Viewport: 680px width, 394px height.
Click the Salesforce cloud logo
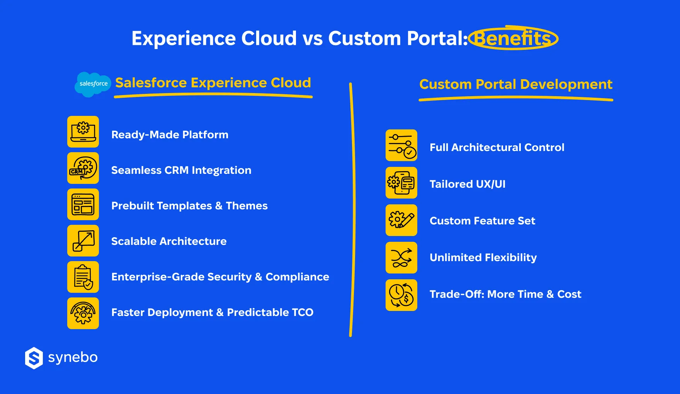(x=93, y=84)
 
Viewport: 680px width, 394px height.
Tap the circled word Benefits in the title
(x=513, y=38)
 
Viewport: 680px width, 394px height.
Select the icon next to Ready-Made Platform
(x=83, y=132)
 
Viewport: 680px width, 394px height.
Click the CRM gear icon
(x=83, y=168)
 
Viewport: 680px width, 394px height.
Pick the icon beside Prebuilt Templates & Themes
(x=83, y=204)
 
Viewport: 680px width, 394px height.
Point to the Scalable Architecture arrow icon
(x=83, y=241)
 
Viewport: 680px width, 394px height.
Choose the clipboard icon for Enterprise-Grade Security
(x=83, y=277)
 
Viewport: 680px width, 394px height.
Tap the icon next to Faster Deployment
(x=83, y=313)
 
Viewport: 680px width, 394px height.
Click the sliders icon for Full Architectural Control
(x=401, y=145)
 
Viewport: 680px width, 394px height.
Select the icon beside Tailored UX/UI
(x=401, y=183)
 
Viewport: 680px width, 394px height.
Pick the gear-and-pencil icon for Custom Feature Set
(x=401, y=220)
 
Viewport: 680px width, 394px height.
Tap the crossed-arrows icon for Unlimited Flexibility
(x=401, y=258)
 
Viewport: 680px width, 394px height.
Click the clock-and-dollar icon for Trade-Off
(x=401, y=295)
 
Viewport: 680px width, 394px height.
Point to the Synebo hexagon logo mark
(x=34, y=358)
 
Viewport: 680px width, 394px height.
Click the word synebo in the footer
(x=73, y=358)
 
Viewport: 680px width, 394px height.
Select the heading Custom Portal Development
(x=516, y=84)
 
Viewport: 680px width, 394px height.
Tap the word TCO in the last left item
(x=303, y=312)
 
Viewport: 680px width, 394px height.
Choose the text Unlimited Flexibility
(x=483, y=258)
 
